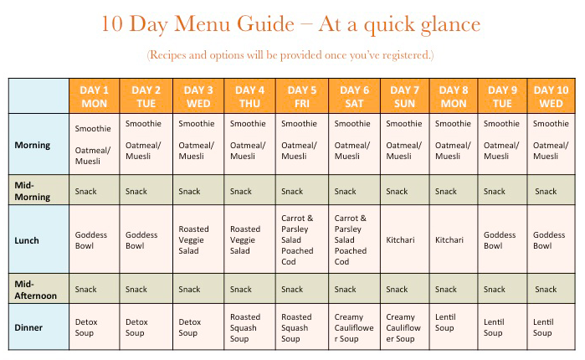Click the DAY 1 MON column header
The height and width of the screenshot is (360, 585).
[x=94, y=96]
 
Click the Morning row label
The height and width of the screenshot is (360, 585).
[x=33, y=145]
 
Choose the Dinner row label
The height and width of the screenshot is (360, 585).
[x=29, y=327]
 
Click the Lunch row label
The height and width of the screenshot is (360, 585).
[x=28, y=240]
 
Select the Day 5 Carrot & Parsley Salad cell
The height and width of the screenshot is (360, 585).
[x=302, y=239]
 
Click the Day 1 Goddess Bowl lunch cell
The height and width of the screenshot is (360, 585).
[x=93, y=240]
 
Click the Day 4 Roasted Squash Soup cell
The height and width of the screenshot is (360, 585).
[x=249, y=327]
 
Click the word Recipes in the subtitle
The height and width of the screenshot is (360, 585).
[x=169, y=55]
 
